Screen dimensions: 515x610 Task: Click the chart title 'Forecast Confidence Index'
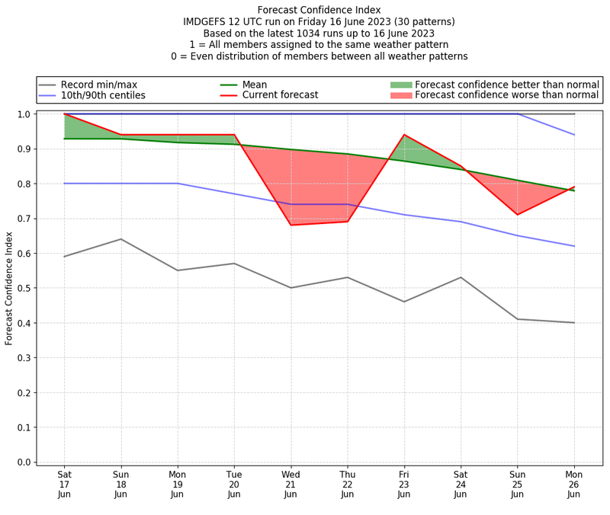pyautogui.click(x=319, y=10)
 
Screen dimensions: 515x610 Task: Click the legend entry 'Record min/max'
pyautogui.click(x=98, y=85)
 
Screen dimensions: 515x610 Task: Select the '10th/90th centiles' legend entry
pyautogui.click(x=103, y=96)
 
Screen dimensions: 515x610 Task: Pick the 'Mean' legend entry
pyautogui.click(x=255, y=85)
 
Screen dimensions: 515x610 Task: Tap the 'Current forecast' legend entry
pyautogui.click(x=280, y=96)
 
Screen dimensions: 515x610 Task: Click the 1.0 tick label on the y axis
pyautogui.click(x=24, y=114)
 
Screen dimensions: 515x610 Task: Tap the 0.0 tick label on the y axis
pyautogui.click(x=24, y=462)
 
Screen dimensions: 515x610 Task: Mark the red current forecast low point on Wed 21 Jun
pyautogui.click(x=291, y=225)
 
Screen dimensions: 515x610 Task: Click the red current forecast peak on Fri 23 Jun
pyautogui.click(x=404, y=135)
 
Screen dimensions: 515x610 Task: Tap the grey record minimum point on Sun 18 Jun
pyautogui.click(x=120, y=239)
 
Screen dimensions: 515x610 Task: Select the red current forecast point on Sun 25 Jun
pyautogui.click(x=517, y=215)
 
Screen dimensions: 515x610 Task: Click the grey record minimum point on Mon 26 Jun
pyautogui.click(x=573, y=323)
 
